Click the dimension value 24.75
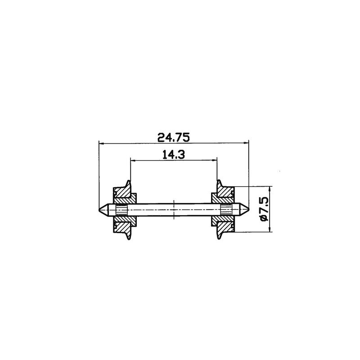pos(173,136)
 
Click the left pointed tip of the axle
pos(99,210)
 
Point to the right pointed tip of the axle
pos(248,210)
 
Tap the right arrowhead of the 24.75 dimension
pos(247,144)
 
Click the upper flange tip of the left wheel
pos(129,181)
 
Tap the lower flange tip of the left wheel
pos(129,238)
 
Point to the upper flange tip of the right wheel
pos(219,181)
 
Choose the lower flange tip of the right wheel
pos(219,238)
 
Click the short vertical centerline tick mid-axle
pos(174,210)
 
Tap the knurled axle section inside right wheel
pos(225,210)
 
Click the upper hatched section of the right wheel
pos(222,195)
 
